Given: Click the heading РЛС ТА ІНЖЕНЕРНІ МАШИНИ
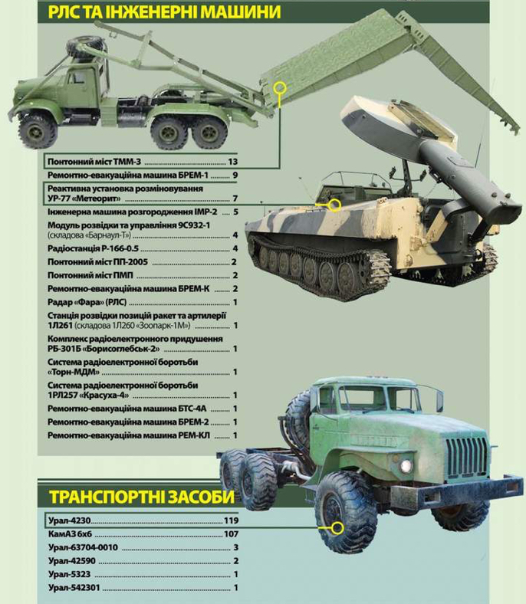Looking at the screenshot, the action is coord(164,12).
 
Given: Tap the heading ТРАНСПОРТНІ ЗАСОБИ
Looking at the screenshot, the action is coord(142,497).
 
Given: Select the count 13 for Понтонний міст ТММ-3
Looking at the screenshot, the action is coord(233,162).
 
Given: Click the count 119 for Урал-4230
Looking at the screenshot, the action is coord(232,520).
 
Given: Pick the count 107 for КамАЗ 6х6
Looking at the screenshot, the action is coord(232,534).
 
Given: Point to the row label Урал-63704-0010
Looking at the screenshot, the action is coord(84,547).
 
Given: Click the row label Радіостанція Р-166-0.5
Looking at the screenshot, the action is coord(93,248).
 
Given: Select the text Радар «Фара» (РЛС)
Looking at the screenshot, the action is coord(87,303).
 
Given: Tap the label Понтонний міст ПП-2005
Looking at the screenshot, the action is coord(98,262).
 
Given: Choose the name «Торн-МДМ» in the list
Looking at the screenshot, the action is coord(74,372).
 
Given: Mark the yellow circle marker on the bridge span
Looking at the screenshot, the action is coord(280,87).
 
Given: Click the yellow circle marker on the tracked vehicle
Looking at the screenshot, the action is coord(335,205).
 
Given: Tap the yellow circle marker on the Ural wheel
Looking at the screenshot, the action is coord(337,528).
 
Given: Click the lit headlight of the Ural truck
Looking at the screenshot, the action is coord(406,466).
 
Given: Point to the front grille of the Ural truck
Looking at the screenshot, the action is coord(466,461).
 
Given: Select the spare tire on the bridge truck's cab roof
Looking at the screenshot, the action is coord(82,48).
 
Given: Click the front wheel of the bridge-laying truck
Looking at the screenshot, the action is coord(38,130).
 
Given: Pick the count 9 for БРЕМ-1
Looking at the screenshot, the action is coord(235,176).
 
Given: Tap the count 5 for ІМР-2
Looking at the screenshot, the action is coord(235,212).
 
